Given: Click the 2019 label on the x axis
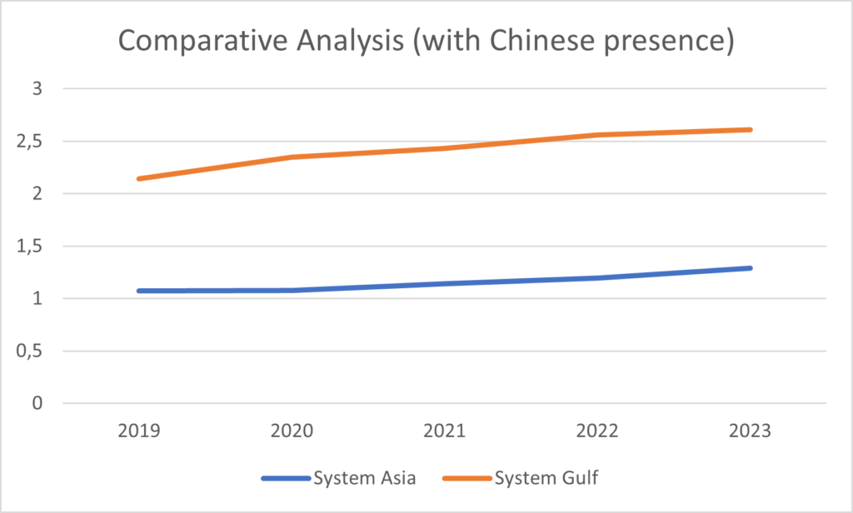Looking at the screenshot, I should (x=141, y=432).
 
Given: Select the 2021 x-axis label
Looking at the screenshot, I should (x=446, y=432).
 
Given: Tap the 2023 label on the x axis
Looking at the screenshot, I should (x=751, y=432).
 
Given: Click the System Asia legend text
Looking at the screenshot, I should (x=363, y=478).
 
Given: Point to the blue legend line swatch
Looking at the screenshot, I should (x=285, y=479).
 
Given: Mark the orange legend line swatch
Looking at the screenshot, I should (x=469, y=479).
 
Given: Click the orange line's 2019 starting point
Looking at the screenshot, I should (x=141, y=178).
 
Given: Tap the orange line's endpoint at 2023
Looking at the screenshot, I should (x=750, y=130).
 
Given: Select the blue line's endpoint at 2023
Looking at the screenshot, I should (x=750, y=268).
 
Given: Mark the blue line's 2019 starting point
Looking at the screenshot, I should (x=141, y=291).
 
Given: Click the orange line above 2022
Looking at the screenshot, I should (x=598, y=135).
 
